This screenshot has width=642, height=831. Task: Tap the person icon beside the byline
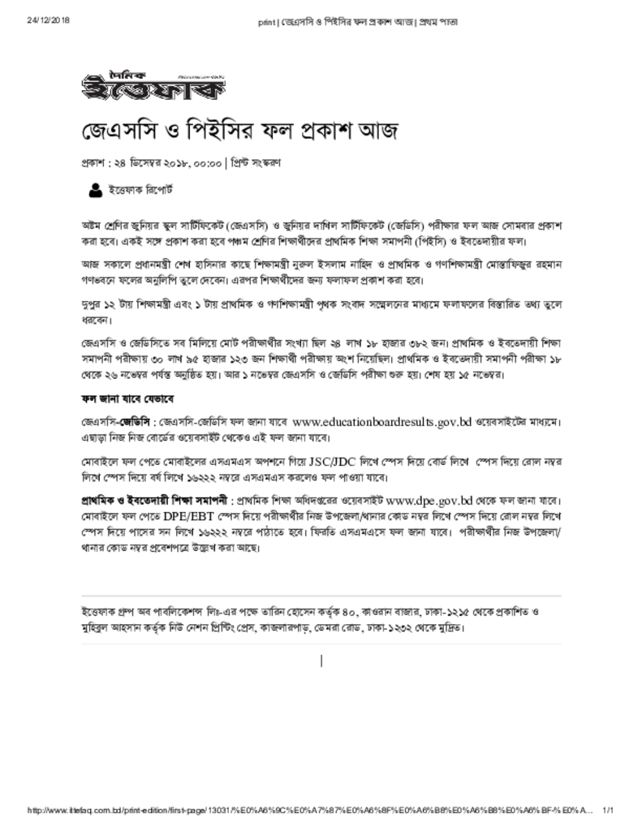coord(94,191)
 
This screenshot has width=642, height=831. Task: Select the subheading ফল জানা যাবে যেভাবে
coord(127,400)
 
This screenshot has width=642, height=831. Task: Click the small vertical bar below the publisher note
coord(322,661)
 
